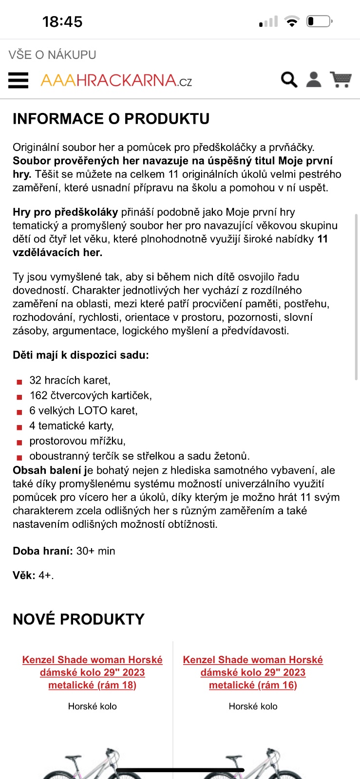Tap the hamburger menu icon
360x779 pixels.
coord(19,80)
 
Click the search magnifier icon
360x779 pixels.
coord(289,79)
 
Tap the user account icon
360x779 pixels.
coord(314,79)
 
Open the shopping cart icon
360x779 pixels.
coord(341,79)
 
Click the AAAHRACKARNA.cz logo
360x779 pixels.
coord(116,80)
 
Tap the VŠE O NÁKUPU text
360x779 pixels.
coord(52,55)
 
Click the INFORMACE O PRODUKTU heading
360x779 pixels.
coord(111,119)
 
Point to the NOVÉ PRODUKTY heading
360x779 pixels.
coord(78,619)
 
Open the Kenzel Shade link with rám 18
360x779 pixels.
coord(93,672)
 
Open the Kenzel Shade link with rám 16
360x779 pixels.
coord(253,672)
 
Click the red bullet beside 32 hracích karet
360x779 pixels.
coord(19,382)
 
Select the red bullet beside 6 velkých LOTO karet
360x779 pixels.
coord(19,412)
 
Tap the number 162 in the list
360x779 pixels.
coord(38,395)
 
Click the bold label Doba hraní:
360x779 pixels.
coord(43,551)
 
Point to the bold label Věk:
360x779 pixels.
coord(24,575)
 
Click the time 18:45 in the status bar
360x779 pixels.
coord(62,22)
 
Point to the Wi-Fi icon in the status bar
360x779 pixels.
coord(292,21)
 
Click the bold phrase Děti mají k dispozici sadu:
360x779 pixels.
coord(81,355)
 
